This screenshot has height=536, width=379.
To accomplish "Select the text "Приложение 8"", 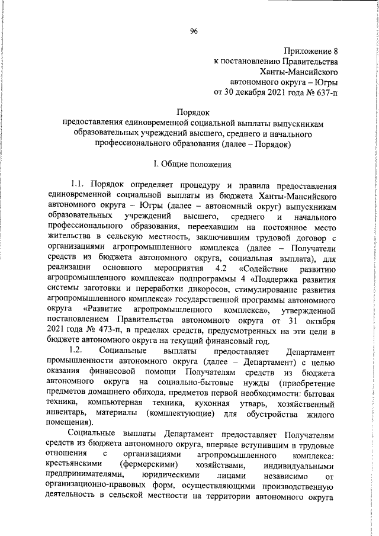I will (311, 50).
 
